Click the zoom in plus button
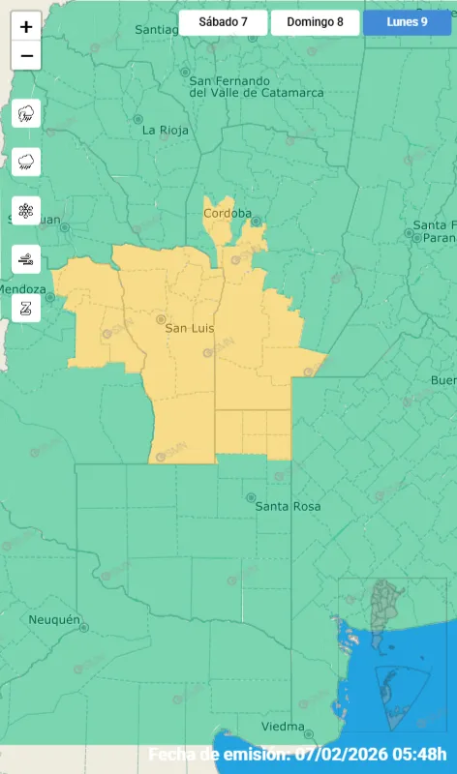click(26, 27)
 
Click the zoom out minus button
click(26, 56)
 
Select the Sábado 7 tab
click(223, 22)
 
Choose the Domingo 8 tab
click(315, 22)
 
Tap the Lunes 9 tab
click(407, 22)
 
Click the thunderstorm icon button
click(26, 114)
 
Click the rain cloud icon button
click(26, 162)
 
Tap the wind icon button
click(26, 258)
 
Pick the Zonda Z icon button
click(26, 307)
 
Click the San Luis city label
click(189, 328)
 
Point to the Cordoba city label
click(228, 213)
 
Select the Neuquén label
click(54, 619)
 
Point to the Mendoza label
click(22, 289)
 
